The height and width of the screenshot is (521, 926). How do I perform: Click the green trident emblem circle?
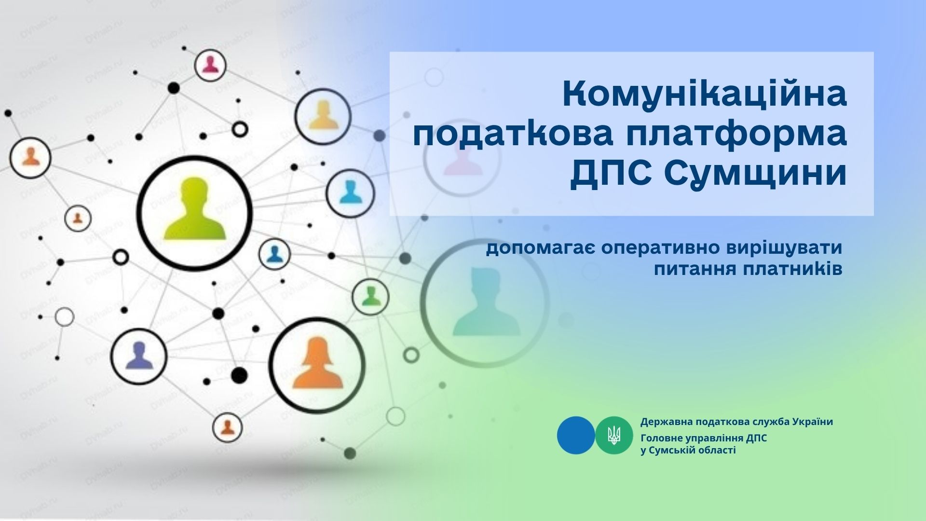tap(614, 435)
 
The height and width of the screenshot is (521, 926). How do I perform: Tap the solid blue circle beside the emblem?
tap(576, 435)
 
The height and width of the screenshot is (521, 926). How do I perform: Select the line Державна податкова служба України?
tap(736, 422)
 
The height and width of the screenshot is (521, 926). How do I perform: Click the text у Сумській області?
tap(688, 451)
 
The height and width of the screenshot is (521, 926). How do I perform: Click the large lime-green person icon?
tap(195, 209)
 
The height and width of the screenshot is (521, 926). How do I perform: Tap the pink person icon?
tap(210, 65)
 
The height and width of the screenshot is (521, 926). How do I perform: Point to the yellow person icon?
tap(323, 116)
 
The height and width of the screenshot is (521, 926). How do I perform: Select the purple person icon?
tap(139, 355)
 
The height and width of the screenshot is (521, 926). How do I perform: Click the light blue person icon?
tap(351, 192)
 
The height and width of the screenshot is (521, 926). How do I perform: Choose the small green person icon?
tap(370, 296)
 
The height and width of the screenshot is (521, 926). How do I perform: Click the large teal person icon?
tap(484, 302)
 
